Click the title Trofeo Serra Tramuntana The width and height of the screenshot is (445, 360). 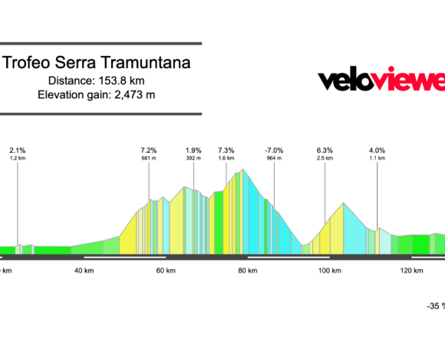click(97, 63)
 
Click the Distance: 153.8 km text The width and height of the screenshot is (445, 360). click(97, 81)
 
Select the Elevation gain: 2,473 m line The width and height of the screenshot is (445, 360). click(97, 94)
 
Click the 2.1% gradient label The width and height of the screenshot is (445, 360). click(18, 150)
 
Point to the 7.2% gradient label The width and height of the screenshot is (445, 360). click(149, 150)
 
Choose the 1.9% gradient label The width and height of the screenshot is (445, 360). click(193, 150)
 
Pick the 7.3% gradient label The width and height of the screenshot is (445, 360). click(226, 150)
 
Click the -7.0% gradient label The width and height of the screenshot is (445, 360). click(274, 150)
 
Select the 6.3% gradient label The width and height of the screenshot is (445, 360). click(325, 150)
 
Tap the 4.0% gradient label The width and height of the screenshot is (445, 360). click(377, 150)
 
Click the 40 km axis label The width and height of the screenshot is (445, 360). click(84, 271)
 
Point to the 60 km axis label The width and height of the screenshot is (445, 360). click(166, 271)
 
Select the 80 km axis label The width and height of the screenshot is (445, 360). click(248, 271)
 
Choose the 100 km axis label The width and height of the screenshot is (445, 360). click(329, 271)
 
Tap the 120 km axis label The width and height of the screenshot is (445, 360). click(411, 271)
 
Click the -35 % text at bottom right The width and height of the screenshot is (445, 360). click(436, 306)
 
